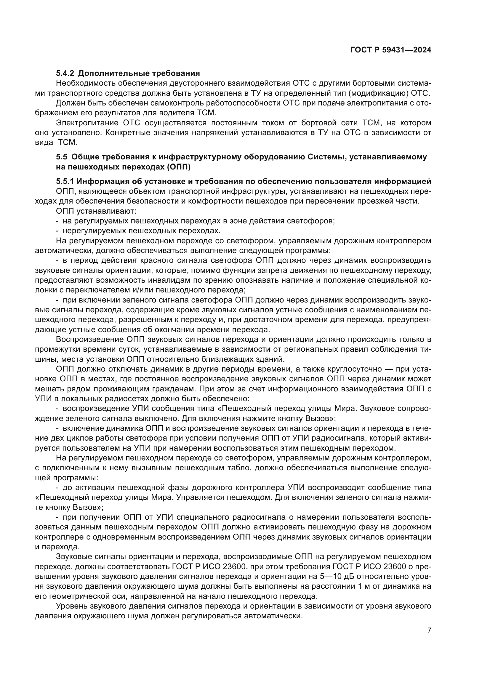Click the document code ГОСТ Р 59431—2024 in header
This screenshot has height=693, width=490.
(390, 50)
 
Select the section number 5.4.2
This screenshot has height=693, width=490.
(65, 73)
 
